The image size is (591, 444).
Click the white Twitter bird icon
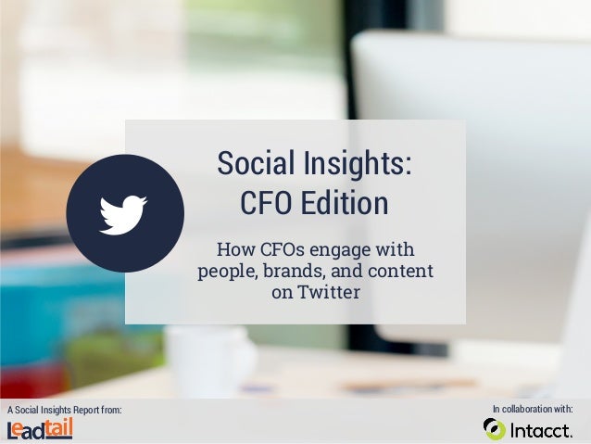tap(123, 213)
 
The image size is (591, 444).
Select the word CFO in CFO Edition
tap(266, 203)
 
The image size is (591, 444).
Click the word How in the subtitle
tap(232, 250)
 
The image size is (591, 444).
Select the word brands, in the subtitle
tap(295, 272)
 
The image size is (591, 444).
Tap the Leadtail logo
tap(40, 428)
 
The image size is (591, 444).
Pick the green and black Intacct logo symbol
tap(495, 429)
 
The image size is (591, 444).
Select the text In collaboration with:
tap(533, 408)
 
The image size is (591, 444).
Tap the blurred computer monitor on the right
tap(519, 139)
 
